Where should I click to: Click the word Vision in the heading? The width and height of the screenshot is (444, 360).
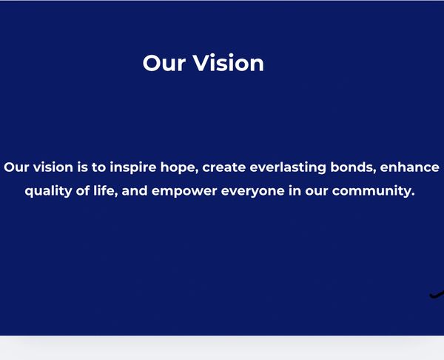tap(228, 63)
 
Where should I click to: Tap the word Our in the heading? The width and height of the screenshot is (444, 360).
tap(164, 63)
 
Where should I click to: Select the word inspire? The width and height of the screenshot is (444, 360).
tap(132, 167)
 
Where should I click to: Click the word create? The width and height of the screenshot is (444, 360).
tap(223, 167)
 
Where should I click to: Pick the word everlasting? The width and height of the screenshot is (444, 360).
tap(288, 167)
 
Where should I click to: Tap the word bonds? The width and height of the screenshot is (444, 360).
tap(353, 167)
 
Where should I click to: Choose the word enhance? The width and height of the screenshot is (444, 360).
tap(409, 167)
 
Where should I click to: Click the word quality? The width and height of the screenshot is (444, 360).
tap(48, 191)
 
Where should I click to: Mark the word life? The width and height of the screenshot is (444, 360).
tap(105, 191)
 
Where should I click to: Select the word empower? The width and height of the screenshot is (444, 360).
tap(184, 191)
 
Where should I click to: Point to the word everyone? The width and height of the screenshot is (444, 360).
tap(252, 191)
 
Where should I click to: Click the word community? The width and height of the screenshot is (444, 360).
tap(371, 191)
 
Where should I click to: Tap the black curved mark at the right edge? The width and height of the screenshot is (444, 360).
tap(437, 295)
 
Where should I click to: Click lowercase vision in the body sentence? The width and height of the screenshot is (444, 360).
tap(53, 167)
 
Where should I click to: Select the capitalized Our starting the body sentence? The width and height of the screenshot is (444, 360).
tap(16, 167)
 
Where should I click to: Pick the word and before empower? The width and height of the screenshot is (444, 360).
tap(135, 191)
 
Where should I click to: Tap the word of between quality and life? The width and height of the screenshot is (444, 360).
tap(83, 191)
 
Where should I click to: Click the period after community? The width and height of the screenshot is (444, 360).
tap(413, 195)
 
